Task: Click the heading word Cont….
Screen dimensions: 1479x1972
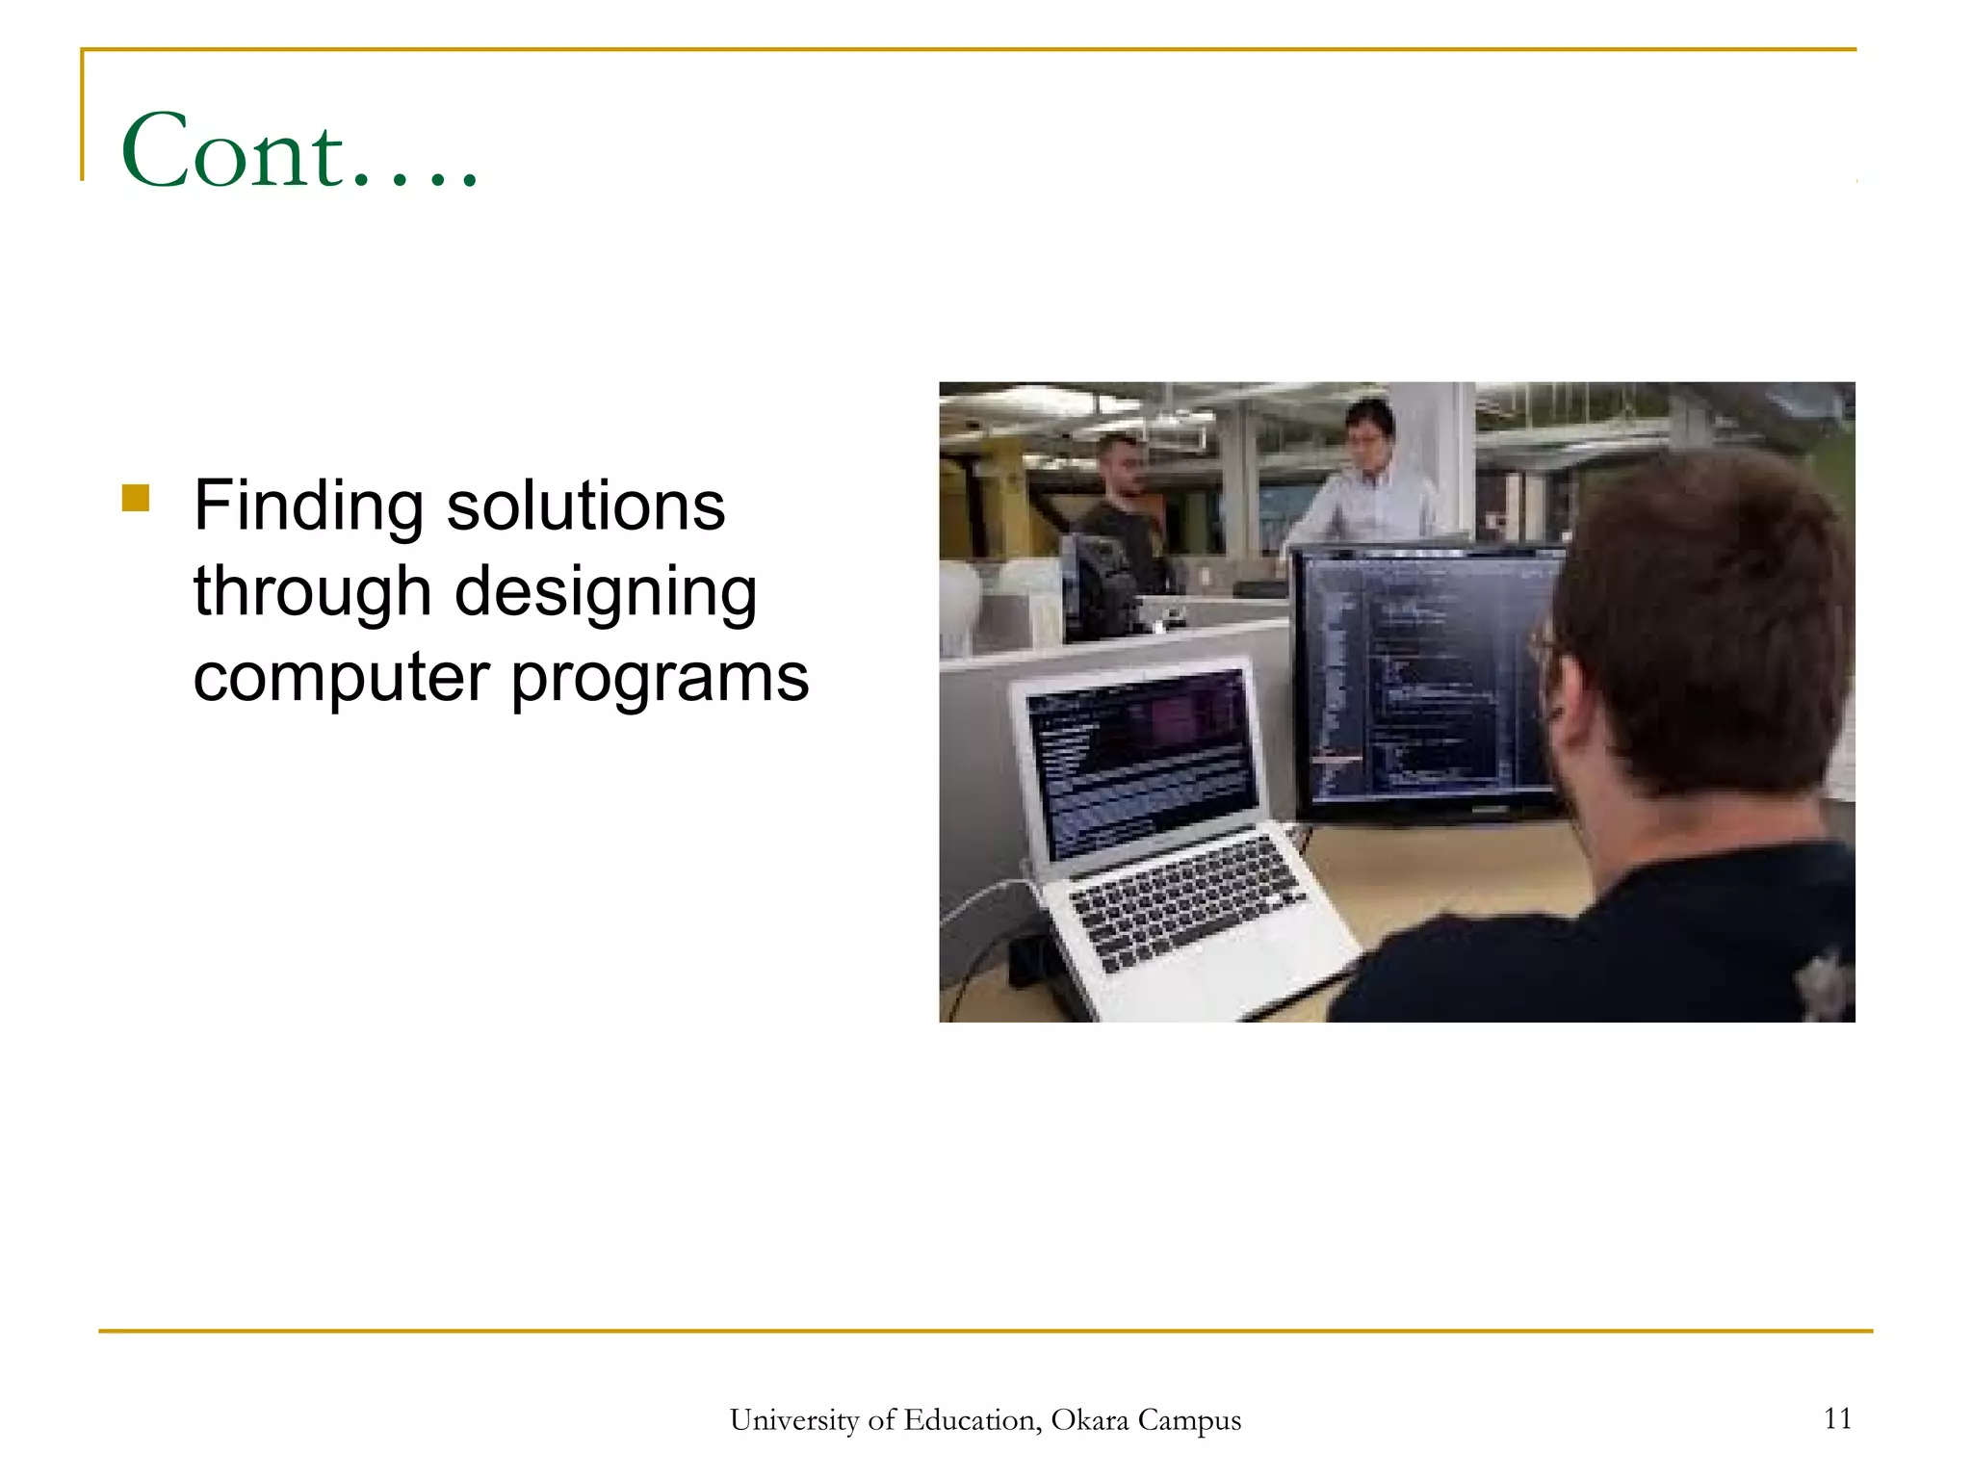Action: (x=298, y=151)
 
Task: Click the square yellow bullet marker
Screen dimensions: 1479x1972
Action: (x=136, y=498)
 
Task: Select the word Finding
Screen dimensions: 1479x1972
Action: (x=308, y=506)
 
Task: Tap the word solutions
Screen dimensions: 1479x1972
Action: (x=585, y=506)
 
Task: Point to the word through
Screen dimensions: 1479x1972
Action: (x=312, y=592)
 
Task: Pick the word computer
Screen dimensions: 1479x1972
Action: (x=342, y=677)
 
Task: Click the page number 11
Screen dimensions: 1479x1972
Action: (x=1837, y=1418)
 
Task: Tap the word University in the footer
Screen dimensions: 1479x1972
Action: (x=793, y=1420)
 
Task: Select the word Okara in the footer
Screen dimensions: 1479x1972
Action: (x=1089, y=1420)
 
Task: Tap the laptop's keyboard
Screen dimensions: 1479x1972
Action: (x=1184, y=895)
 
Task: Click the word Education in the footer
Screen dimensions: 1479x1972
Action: (x=973, y=1420)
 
